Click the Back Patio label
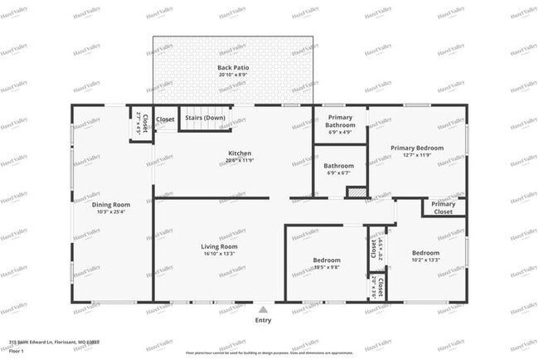click(x=233, y=67)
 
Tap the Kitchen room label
click(x=240, y=153)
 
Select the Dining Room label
click(x=110, y=205)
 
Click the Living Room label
click(x=219, y=246)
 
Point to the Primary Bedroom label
click(x=417, y=148)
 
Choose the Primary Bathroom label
click(x=340, y=121)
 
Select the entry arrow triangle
click(x=263, y=309)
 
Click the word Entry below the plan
click(x=263, y=320)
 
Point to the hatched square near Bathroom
click(x=357, y=192)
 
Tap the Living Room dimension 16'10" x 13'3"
click(x=219, y=255)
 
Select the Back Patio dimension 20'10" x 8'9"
click(x=233, y=75)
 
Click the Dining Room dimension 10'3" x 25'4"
click(x=110, y=212)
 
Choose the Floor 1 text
click(x=17, y=350)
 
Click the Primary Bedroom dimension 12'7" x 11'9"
click(x=417, y=155)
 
